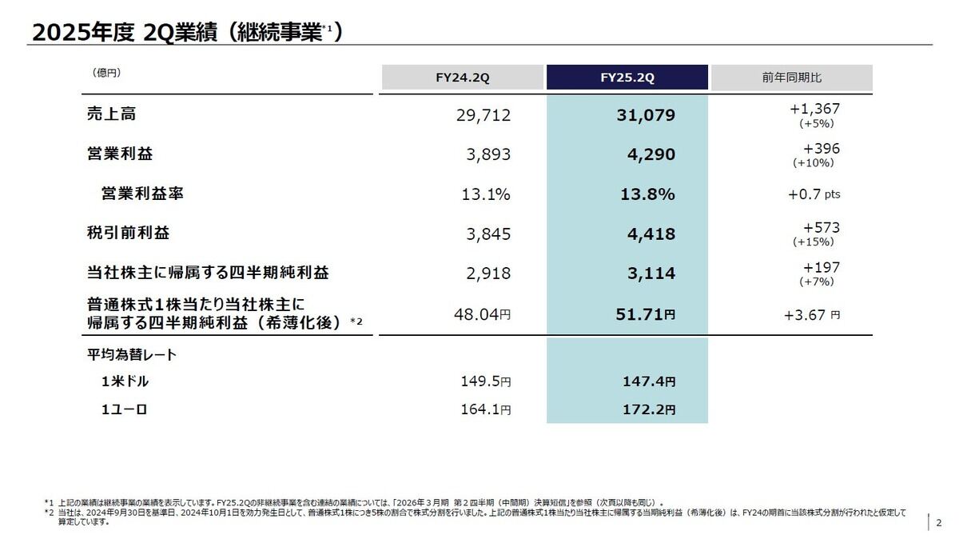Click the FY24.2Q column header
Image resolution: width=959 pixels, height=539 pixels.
(x=462, y=78)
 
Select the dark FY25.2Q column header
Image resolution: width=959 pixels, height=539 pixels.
(x=627, y=78)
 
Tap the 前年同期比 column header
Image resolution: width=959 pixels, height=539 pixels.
(x=791, y=78)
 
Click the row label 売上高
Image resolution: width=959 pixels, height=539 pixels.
(x=111, y=114)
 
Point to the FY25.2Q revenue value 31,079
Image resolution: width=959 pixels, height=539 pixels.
(x=646, y=115)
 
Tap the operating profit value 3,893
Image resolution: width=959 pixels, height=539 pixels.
(x=488, y=154)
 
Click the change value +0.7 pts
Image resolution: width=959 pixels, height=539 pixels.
(x=814, y=194)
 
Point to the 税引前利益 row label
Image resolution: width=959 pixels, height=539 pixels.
(x=128, y=233)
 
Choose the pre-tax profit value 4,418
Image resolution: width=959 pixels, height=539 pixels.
(x=651, y=234)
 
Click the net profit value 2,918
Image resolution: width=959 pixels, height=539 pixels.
(x=488, y=273)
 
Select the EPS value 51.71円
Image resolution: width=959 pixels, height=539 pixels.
(x=646, y=314)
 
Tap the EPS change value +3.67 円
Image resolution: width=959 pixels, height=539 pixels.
(x=812, y=314)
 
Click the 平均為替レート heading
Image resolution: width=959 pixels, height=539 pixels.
(x=132, y=353)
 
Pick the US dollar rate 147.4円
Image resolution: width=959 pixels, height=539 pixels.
(x=648, y=382)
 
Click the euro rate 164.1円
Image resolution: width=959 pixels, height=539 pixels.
(x=485, y=410)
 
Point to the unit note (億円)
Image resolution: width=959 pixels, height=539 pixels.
(x=106, y=73)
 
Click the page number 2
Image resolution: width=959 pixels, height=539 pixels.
(x=939, y=523)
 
